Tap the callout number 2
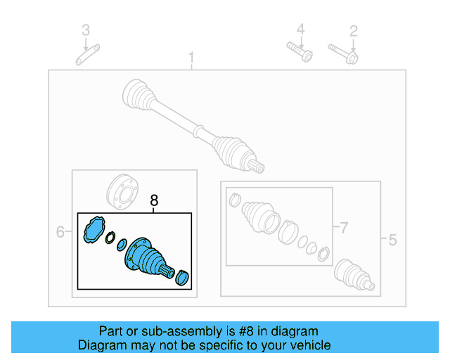[354, 30]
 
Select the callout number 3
[86, 30]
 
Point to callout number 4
[300, 30]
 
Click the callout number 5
[392, 240]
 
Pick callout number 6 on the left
[60, 231]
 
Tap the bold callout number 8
[155, 202]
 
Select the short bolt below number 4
[299, 52]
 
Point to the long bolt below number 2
[343, 53]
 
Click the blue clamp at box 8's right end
[183, 278]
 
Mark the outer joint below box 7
[353, 274]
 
